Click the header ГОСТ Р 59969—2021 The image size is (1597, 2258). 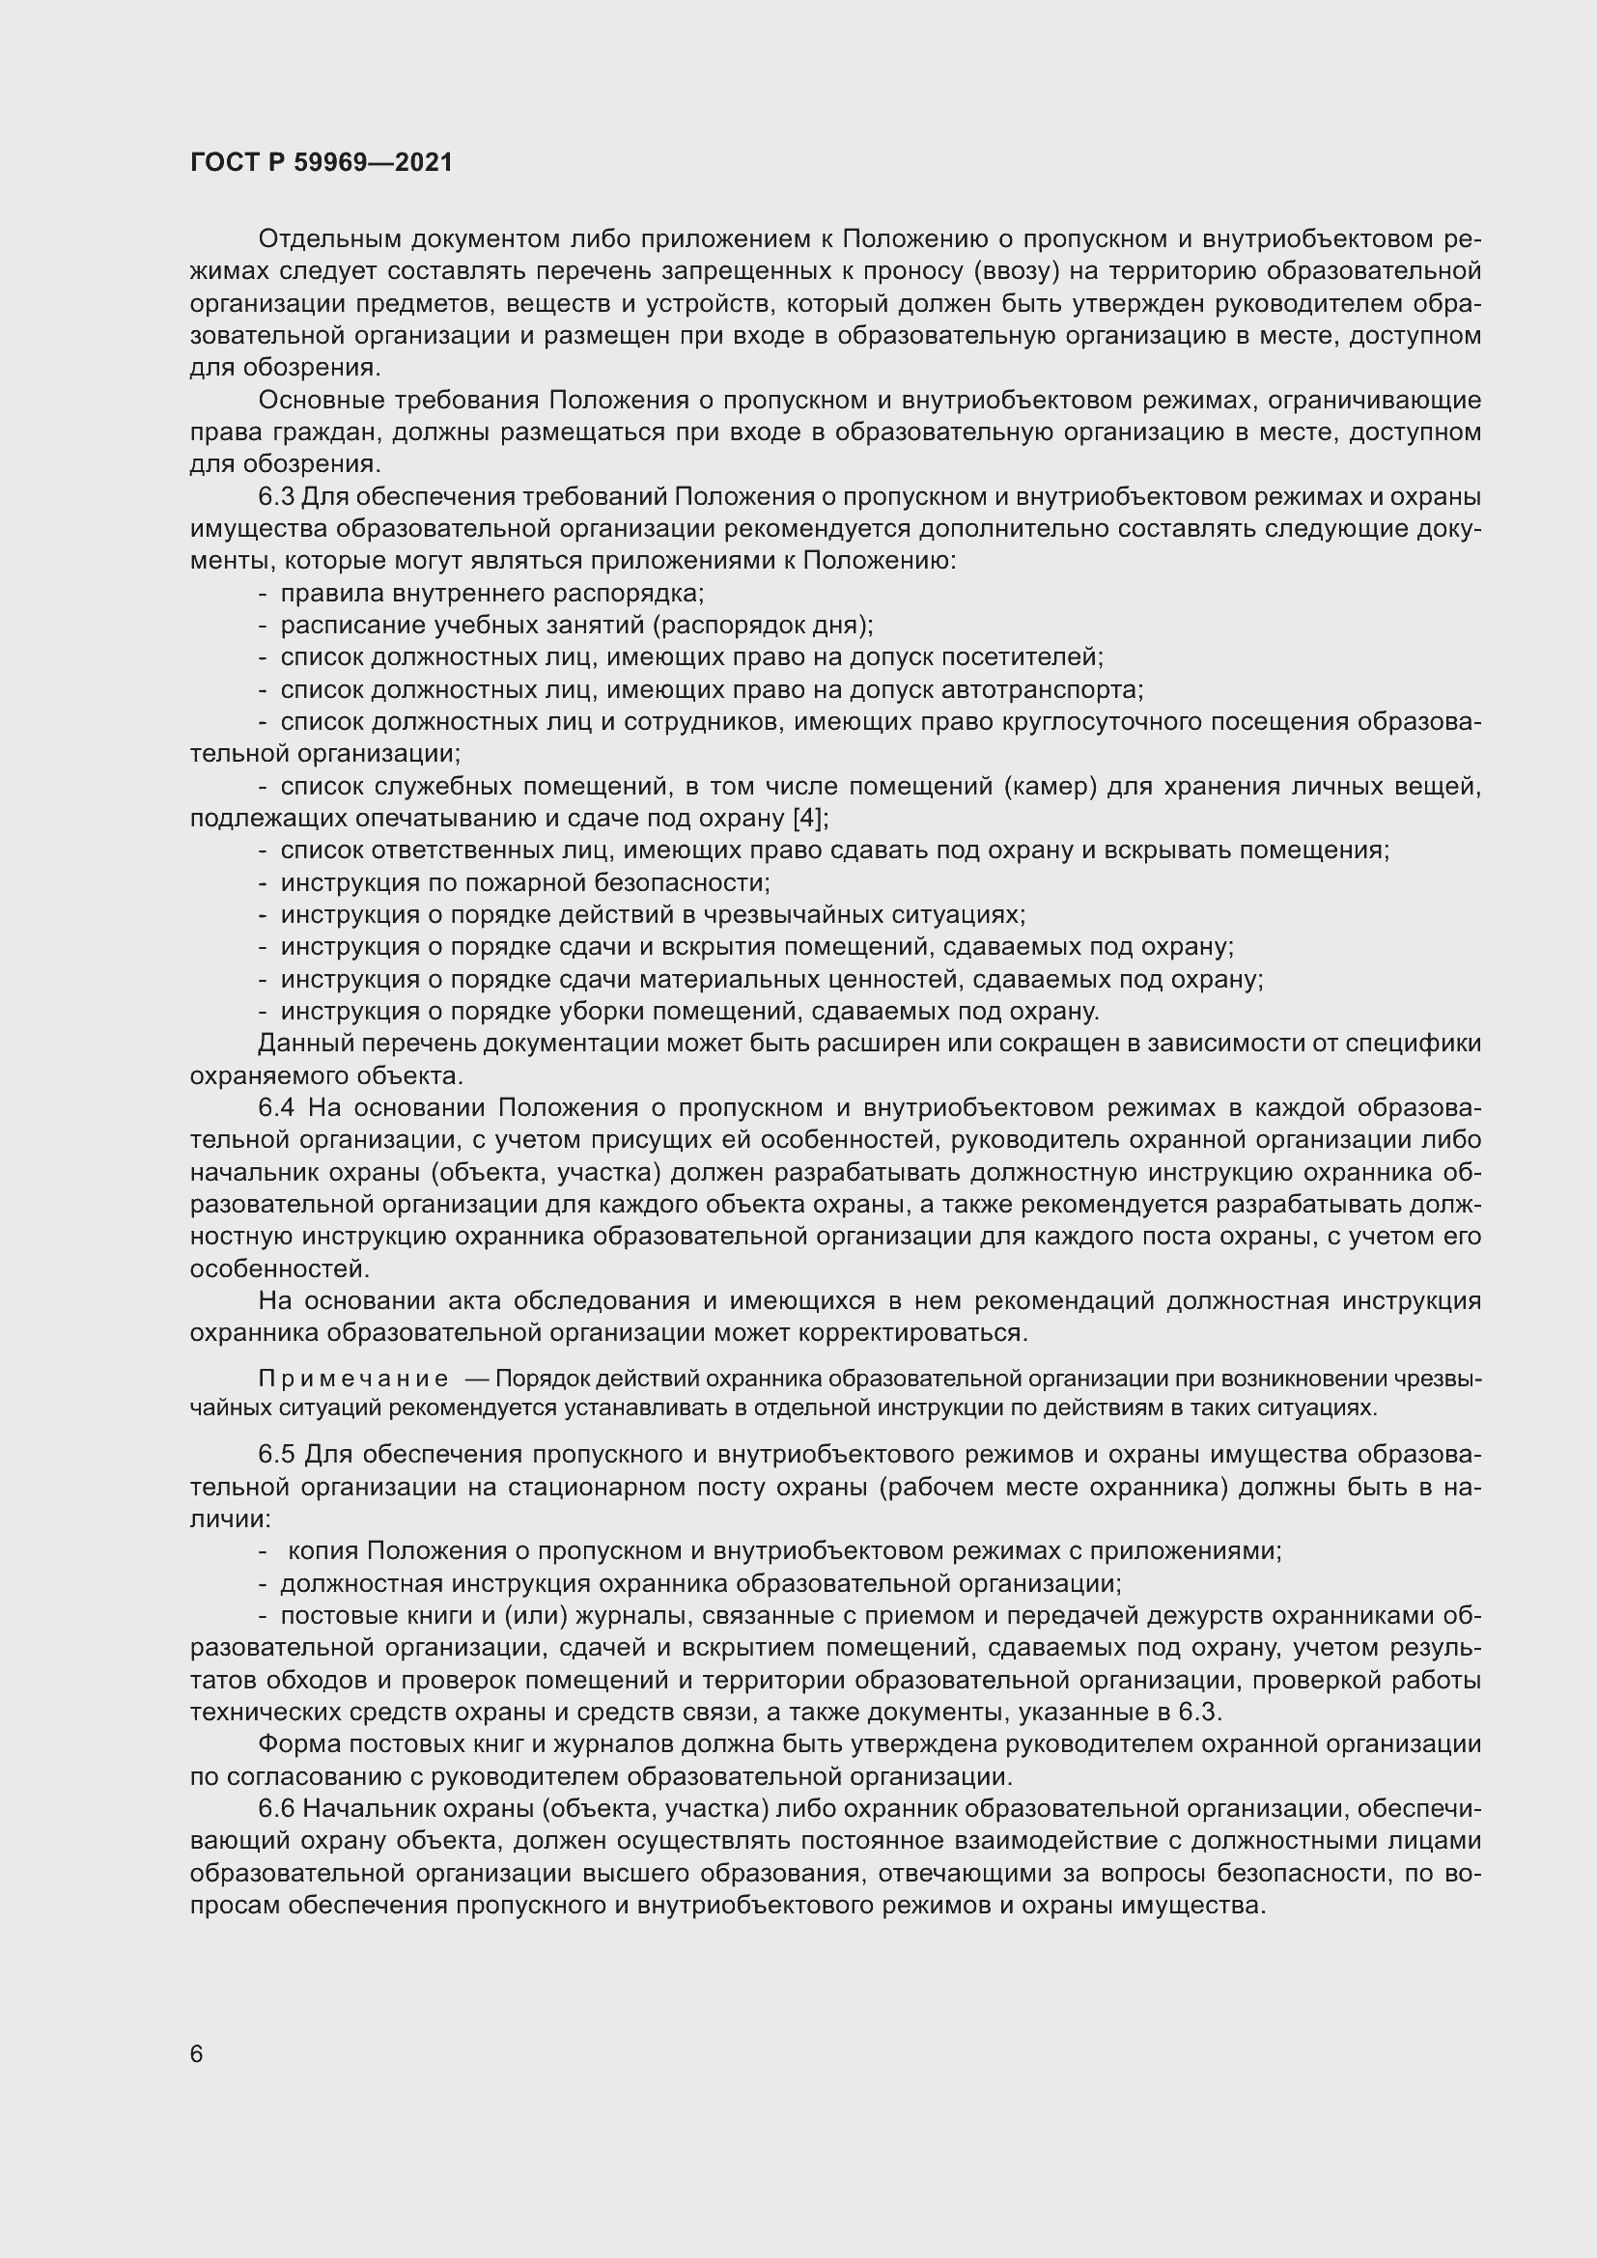click(x=322, y=163)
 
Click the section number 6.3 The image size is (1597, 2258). click(x=276, y=497)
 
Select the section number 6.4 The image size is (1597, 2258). click(x=276, y=1108)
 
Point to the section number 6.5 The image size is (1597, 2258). click(x=276, y=1455)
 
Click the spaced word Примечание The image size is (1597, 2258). click(x=353, y=1380)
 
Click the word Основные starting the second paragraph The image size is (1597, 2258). click(x=322, y=401)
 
